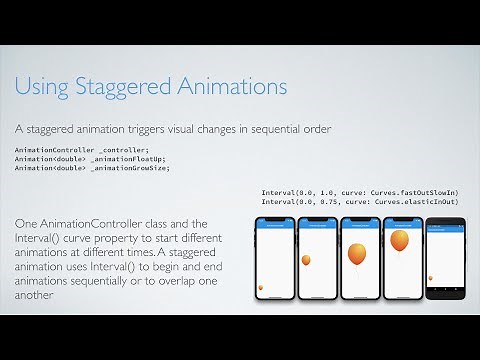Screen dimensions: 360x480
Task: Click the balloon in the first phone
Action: click(262, 288)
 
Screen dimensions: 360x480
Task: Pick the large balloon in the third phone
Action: click(357, 253)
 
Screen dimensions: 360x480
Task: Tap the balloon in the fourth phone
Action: click(400, 242)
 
